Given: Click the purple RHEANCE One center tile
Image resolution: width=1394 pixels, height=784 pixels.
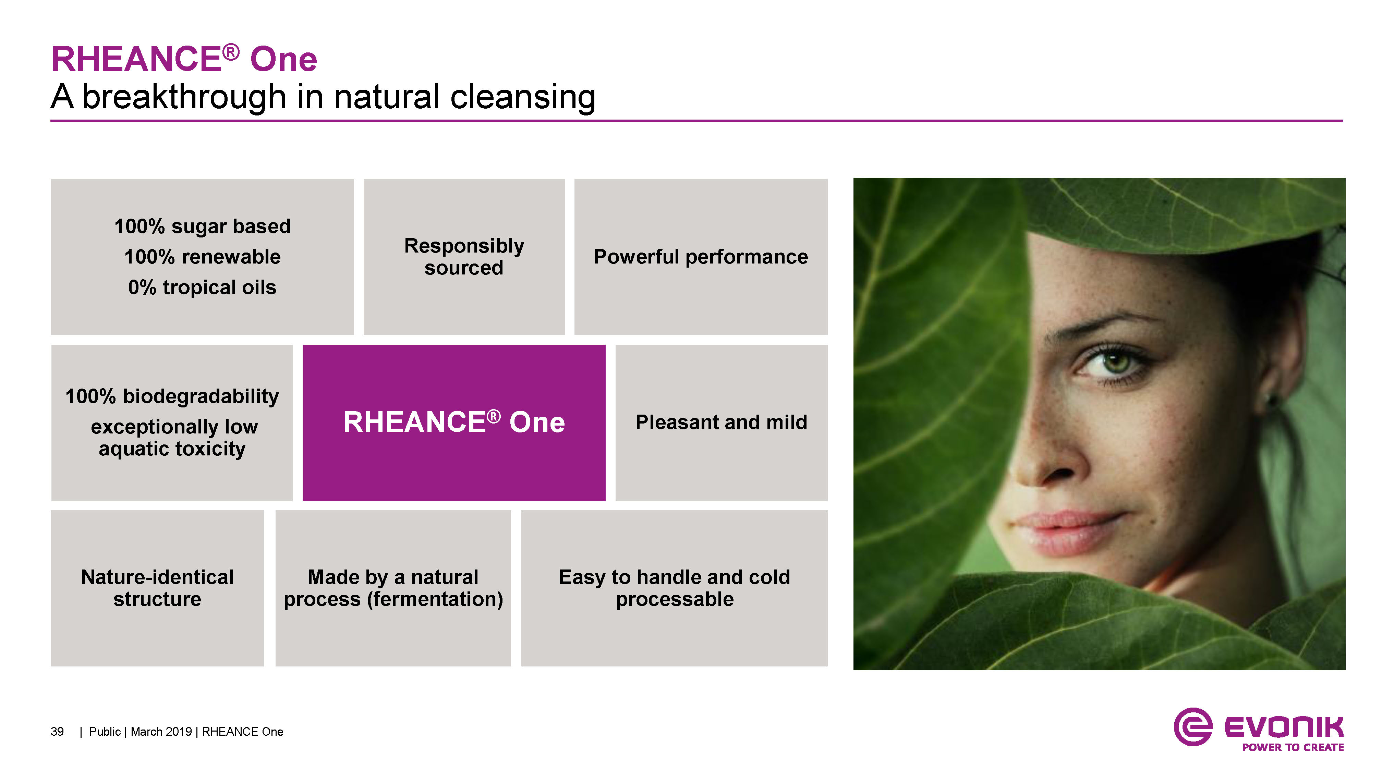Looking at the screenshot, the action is [x=453, y=422].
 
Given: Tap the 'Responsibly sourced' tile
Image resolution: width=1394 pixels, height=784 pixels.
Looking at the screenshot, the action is [x=464, y=257].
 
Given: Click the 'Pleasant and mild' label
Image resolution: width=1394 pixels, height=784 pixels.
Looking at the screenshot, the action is [x=722, y=422].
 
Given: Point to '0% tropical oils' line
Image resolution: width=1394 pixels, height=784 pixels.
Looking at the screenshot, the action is [x=202, y=287].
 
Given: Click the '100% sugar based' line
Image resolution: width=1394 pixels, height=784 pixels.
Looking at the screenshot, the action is [x=202, y=226].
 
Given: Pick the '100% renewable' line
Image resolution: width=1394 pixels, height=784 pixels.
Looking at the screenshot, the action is [x=202, y=256].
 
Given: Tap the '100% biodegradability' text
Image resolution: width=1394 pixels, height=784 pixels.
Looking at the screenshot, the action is [x=172, y=396].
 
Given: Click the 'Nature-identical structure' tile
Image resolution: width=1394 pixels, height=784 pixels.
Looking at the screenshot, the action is [x=157, y=588].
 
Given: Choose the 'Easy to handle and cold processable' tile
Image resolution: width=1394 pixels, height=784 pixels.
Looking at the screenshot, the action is [x=674, y=588].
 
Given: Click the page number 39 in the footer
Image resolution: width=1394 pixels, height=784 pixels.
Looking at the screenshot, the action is [x=57, y=732].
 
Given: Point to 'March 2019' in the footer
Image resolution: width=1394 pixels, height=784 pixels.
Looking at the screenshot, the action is [x=161, y=732].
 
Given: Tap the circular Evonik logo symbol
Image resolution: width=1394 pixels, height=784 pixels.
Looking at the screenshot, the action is [x=1192, y=727].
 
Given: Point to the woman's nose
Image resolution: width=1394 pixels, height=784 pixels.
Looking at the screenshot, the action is [x=1042, y=449].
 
